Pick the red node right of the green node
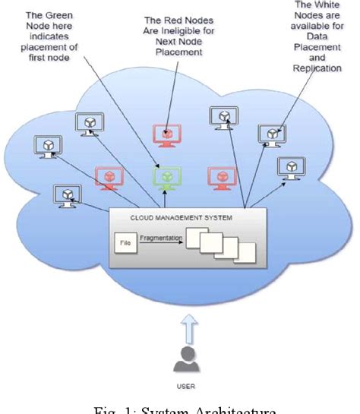pos(221,175)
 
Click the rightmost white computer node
pos(289,167)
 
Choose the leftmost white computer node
pos(46,146)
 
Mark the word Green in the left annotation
pos(58,15)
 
